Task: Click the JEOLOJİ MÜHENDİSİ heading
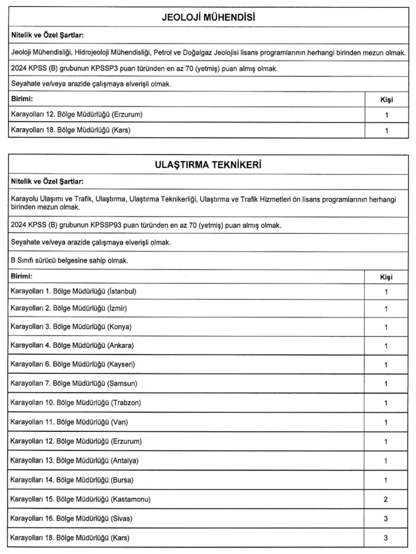(x=208, y=17)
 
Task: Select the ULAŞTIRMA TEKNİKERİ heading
(x=208, y=165)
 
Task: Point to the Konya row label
(x=71, y=327)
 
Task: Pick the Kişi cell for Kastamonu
(x=386, y=499)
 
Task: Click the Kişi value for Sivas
(x=386, y=518)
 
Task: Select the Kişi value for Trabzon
(x=386, y=403)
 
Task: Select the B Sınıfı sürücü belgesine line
(x=69, y=260)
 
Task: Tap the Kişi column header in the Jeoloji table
(x=386, y=100)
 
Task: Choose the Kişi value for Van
(x=386, y=422)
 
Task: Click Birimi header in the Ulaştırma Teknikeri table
(x=22, y=276)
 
